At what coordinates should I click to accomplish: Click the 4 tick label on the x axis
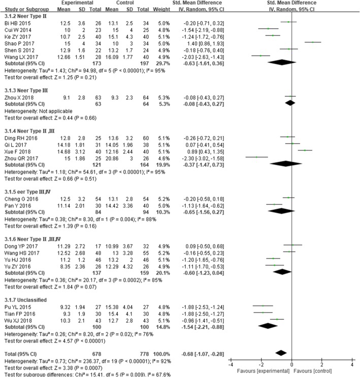(352, 365)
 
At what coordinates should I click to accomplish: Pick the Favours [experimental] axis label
(259, 372)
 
